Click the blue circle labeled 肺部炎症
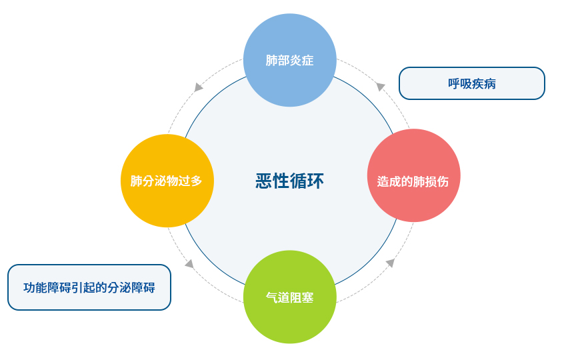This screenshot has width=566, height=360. coord(289,60)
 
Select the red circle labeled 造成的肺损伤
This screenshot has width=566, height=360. coord(413,175)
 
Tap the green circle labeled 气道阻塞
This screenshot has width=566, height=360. coord(289,297)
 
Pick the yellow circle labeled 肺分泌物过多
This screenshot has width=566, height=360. coord(167,181)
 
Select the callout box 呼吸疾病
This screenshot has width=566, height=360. coord(471,83)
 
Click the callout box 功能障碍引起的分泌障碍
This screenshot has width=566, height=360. coord(89,287)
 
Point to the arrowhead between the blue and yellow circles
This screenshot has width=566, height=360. coord(198,87)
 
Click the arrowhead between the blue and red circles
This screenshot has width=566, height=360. coord(380,86)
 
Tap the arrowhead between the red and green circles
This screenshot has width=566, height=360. coord(390,263)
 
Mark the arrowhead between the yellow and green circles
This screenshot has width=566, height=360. coord(189,263)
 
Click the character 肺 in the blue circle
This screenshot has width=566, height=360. coord(271,61)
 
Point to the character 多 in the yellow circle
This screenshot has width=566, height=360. coord(196,181)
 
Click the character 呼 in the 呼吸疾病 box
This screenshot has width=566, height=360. coord(454,84)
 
